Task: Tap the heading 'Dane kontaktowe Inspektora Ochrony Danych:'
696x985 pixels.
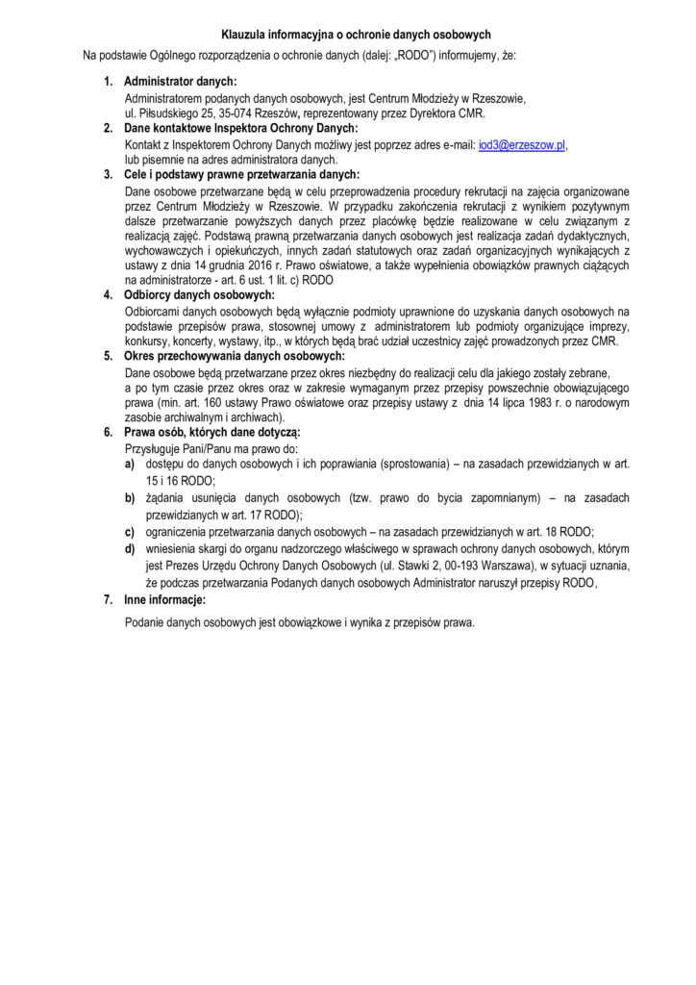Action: pos(241,128)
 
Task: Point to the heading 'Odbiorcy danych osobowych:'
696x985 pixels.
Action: pos(200,294)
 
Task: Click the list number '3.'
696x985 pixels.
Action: pos(108,174)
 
